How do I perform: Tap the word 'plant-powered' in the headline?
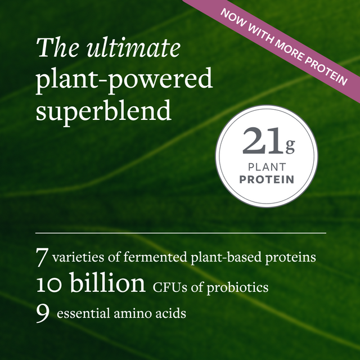click(x=124, y=80)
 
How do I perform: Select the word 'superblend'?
click(x=103, y=111)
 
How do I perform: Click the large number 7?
click(x=42, y=258)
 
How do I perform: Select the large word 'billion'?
click(x=107, y=284)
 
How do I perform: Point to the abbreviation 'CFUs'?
click(x=167, y=287)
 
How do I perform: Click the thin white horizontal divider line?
click(x=181, y=232)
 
